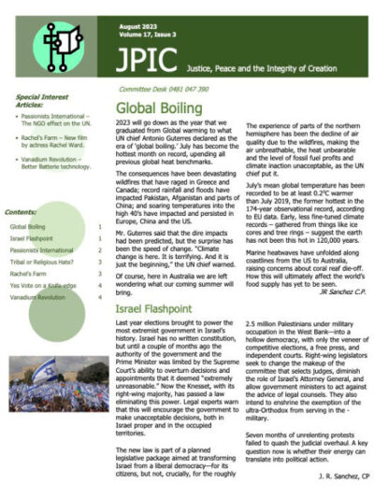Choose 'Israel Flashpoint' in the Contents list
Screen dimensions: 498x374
click(35, 238)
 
